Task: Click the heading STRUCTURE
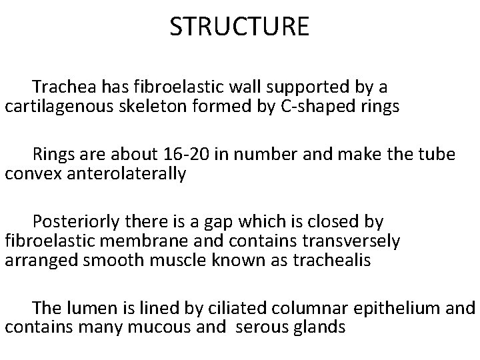pos(239,27)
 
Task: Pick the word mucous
pos(143,327)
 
